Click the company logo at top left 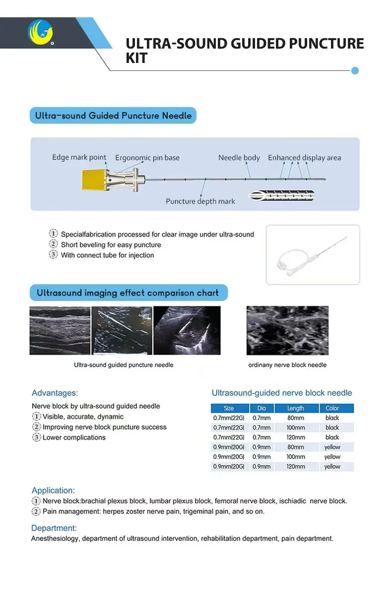41,32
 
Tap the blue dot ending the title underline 355,70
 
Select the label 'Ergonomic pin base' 147,158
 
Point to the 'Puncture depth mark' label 200,201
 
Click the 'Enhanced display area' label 304,158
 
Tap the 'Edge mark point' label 79,157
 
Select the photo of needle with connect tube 313,255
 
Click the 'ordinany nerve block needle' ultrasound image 287,330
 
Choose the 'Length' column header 296,408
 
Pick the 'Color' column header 332,408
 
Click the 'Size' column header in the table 229,408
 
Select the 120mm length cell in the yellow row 296,467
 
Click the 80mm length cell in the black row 296,418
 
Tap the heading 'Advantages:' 55,393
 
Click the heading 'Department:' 54,528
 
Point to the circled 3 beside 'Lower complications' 36,437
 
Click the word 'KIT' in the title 136,58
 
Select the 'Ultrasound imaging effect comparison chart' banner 128,293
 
